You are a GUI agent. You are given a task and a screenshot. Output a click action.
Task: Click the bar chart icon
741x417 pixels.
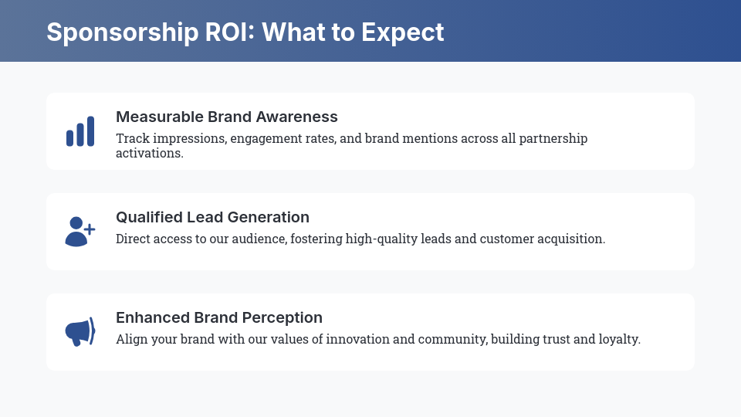80,131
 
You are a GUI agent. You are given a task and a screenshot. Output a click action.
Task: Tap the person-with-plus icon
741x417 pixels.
80,232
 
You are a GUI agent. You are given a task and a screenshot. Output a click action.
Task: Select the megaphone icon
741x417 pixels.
80,332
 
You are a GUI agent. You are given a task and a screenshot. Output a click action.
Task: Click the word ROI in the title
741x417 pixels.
230,32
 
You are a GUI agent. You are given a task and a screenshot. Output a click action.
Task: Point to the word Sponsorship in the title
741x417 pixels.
123,33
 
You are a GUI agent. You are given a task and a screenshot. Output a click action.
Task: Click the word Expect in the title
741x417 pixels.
403,33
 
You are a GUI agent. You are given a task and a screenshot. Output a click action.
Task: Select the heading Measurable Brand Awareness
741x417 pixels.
227,117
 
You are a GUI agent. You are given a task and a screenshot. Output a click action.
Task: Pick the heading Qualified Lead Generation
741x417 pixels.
213,217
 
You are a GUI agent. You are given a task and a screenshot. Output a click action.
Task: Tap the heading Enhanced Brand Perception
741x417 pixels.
219,317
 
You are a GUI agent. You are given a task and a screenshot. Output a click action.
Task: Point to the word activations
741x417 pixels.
149,153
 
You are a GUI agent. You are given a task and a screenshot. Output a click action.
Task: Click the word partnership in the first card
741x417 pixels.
553,138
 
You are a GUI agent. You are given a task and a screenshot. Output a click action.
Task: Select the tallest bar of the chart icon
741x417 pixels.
90,131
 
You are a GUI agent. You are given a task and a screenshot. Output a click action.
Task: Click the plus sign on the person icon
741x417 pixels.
89,229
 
